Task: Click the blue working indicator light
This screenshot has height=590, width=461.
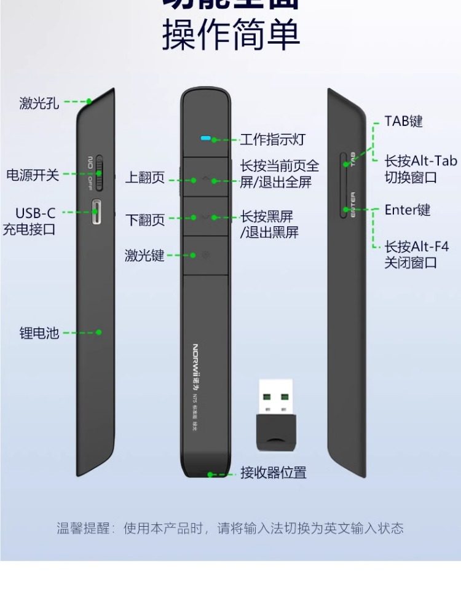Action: pos(205,138)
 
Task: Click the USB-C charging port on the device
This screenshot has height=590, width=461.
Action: pos(97,213)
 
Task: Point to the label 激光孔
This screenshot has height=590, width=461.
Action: pos(39,103)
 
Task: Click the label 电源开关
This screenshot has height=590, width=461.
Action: pos(33,175)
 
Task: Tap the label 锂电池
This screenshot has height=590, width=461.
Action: pos(39,333)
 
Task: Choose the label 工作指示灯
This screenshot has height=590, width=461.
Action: pos(272,140)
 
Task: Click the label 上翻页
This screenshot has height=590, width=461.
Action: pos(145,178)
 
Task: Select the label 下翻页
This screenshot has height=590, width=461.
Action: pos(145,219)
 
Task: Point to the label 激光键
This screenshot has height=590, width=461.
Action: pos(144,255)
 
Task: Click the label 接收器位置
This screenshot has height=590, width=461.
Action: pos(274,473)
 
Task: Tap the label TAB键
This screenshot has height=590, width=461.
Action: pos(404,121)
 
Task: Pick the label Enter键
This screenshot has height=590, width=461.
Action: pos(408,210)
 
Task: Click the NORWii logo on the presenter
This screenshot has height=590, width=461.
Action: pos(195,363)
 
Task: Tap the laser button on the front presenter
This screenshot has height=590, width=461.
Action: pos(205,255)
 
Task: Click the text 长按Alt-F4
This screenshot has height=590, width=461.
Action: pos(417,247)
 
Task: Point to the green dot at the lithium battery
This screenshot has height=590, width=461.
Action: pos(98,332)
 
